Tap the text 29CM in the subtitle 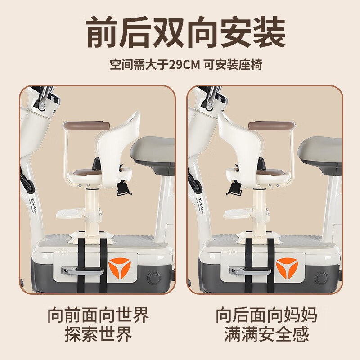pyautogui.click(x=183, y=64)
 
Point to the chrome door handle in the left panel pyautogui.click(x=78, y=271)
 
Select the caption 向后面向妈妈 pyautogui.click(x=266, y=315)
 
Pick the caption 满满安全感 pyautogui.click(x=266, y=334)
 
